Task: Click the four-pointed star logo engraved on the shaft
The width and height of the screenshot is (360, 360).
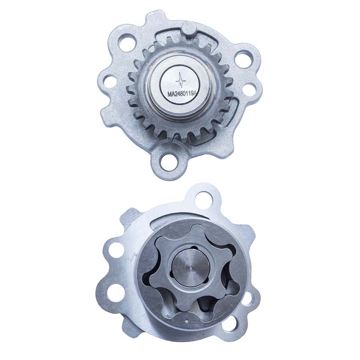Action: tap(181, 80)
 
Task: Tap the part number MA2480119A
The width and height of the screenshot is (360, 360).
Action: tap(182, 94)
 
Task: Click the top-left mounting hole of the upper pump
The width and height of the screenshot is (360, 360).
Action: tap(126, 43)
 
